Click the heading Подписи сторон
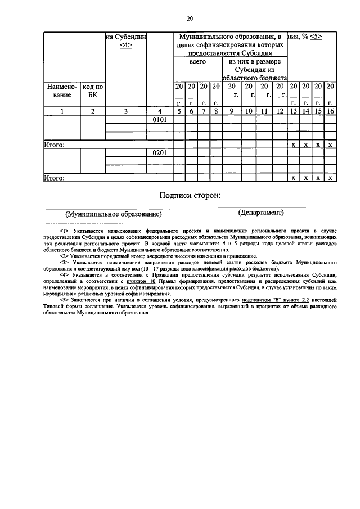pos(190,196)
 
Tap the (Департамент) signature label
pos(245,213)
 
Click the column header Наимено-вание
pos(62,91)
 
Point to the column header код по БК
pos(93,91)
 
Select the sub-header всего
pos(197,62)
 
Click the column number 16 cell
pos(331,111)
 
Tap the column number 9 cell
pos(231,111)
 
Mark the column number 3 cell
pos(127,111)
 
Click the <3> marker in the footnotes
pos(64,262)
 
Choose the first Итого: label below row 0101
pos(54,145)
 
